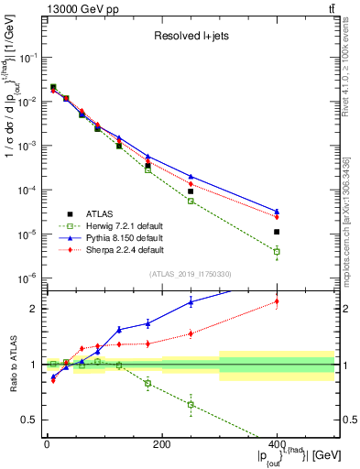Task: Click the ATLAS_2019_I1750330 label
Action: click(x=190, y=274)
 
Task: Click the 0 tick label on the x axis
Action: click(x=47, y=444)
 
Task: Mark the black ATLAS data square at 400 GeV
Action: click(x=277, y=232)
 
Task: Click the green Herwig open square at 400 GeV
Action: click(x=277, y=251)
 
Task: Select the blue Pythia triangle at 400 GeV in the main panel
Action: click(x=277, y=211)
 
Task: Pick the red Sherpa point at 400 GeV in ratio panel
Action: click(x=277, y=301)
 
